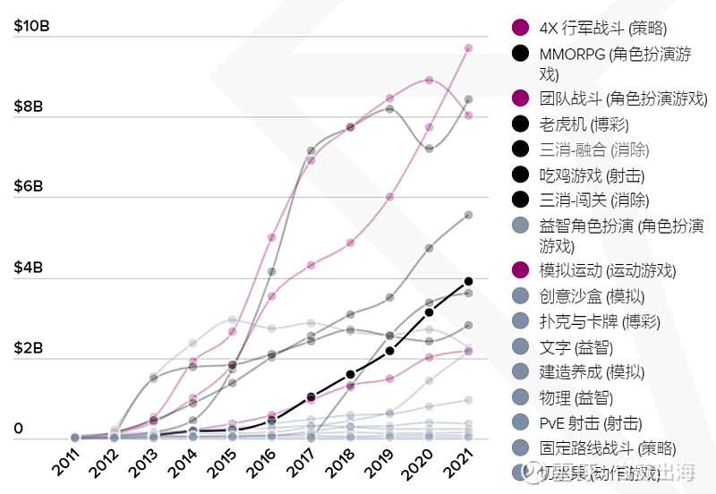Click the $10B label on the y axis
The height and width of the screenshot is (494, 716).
(31, 26)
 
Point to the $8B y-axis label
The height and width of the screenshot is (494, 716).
(30, 106)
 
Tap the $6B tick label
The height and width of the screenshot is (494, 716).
(30, 187)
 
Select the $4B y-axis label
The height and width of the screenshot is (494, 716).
(30, 268)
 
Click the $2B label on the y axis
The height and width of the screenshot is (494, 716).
(30, 348)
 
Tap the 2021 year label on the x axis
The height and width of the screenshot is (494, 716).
(456, 466)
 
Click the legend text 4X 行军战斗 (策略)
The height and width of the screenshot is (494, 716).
(604, 28)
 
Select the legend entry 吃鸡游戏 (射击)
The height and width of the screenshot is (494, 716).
(592, 175)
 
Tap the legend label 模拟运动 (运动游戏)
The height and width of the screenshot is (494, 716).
(608, 270)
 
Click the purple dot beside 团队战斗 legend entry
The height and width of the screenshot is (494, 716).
(519, 98)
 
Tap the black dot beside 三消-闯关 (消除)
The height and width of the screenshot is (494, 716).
(519, 200)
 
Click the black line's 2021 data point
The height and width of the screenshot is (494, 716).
(468, 282)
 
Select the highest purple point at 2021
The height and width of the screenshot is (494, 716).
(468, 48)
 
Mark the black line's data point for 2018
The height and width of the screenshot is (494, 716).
(350, 374)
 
